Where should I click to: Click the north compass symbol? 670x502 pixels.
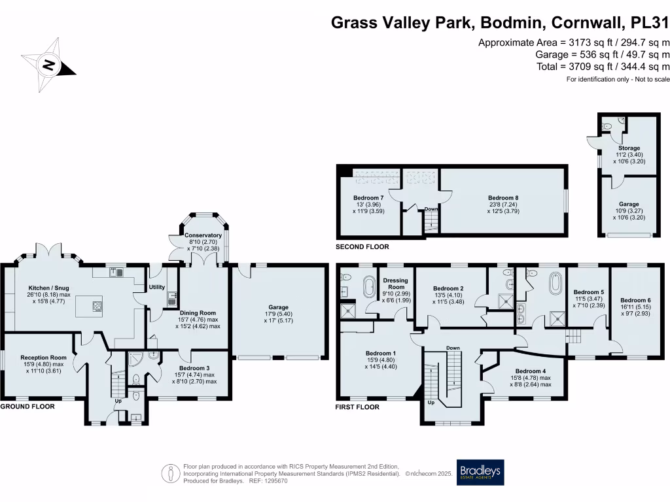point(49,64)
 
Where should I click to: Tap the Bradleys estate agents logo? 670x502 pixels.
point(480,472)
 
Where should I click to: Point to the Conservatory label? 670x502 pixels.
point(203,235)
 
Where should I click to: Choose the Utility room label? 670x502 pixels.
point(157,287)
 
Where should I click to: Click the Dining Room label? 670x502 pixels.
point(198,312)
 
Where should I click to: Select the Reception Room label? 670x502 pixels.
point(43,358)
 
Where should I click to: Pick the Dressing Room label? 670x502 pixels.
point(395,284)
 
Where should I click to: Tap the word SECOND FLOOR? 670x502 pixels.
point(362,247)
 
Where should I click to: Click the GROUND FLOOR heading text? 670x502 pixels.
point(27,406)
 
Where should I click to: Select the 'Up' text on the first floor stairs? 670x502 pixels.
point(431,403)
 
